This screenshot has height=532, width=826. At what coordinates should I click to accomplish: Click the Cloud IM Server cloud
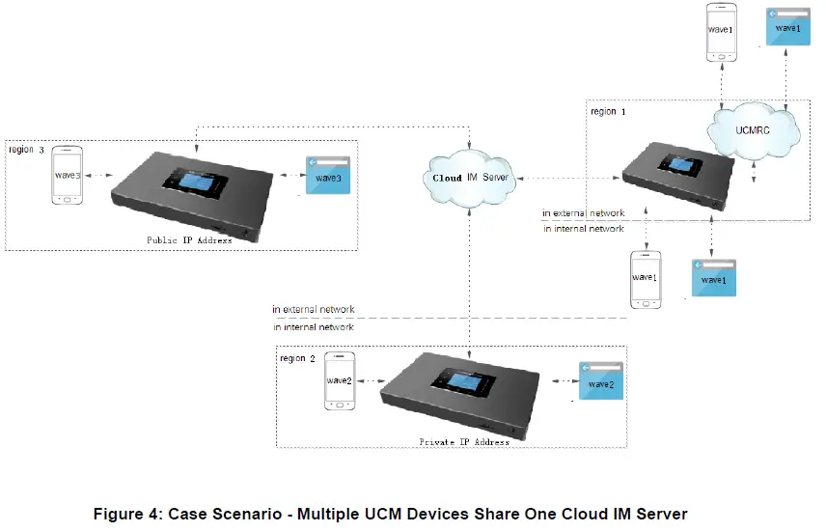pyautogui.click(x=469, y=179)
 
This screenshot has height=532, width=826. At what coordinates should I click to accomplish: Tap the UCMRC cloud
pyautogui.click(x=754, y=128)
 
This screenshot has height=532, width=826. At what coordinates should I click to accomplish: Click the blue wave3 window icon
pyautogui.click(x=327, y=175)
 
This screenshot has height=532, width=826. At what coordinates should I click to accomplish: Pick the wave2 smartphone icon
pyautogui.click(x=340, y=380)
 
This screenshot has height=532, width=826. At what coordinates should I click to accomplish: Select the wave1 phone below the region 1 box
pyautogui.click(x=645, y=279)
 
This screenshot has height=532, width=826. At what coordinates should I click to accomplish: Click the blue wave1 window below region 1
pyautogui.click(x=713, y=276)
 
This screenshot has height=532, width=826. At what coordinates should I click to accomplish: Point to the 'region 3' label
pyautogui.click(x=27, y=150)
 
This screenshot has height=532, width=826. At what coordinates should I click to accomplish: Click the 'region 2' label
pyautogui.click(x=297, y=358)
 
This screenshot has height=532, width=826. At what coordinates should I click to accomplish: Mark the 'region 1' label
pyautogui.click(x=607, y=112)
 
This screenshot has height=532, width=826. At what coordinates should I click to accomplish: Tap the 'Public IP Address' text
pyautogui.click(x=189, y=239)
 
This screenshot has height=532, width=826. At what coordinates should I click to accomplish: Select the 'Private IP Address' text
pyautogui.click(x=464, y=441)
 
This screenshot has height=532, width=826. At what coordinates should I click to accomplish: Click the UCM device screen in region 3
pyautogui.click(x=194, y=182)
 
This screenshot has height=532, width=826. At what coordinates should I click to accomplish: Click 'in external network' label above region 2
pyautogui.click(x=313, y=310)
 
